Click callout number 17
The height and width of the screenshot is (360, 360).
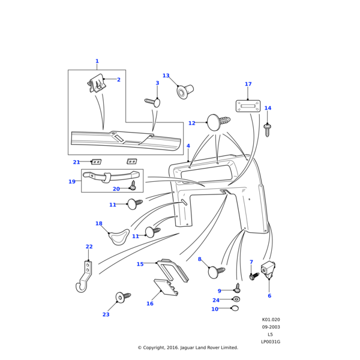click(x=248, y=85)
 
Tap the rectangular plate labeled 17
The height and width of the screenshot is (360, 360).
click(x=248, y=106)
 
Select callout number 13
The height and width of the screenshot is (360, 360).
click(x=166, y=76)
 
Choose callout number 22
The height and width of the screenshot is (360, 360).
click(x=89, y=247)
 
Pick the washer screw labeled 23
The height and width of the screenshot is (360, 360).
click(x=122, y=297)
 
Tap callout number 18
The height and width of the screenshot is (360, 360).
click(x=99, y=224)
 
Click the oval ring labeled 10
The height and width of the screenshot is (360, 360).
click(x=235, y=308)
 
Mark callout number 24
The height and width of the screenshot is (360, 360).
click(x=216, y=300)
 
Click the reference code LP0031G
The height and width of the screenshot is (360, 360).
click(x=271, y=342)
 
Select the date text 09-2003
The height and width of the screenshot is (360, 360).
click(x=271, y=327)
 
